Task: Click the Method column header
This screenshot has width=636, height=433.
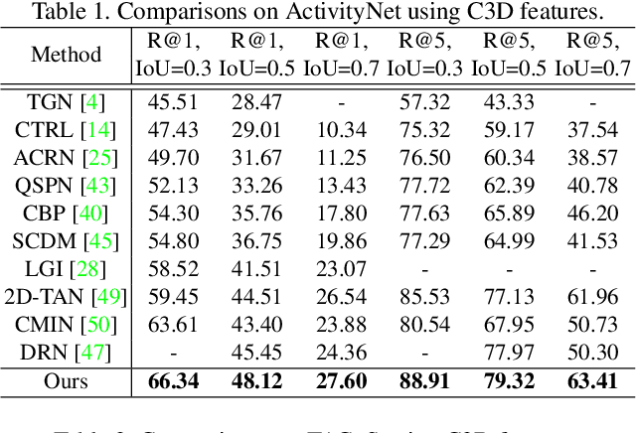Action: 66,54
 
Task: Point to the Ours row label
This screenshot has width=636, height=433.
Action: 66,380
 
